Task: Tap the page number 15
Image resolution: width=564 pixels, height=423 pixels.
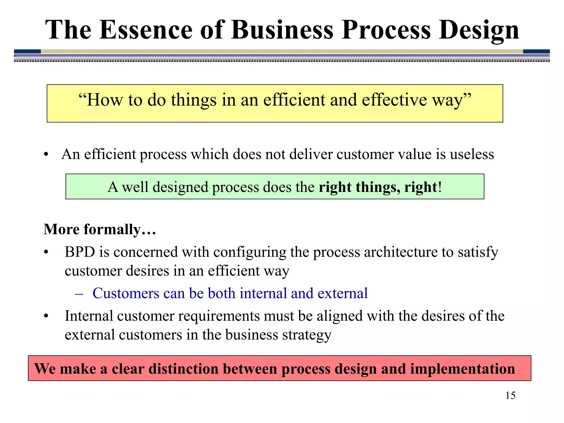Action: (x=510, y=395)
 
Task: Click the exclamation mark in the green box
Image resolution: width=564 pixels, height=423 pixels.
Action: (x=440, y=187)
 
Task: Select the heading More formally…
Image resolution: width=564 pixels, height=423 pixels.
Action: (x=100, y=229)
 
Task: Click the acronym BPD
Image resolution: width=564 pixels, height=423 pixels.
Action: (x=80, y=252)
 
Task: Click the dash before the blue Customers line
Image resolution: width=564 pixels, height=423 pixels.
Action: (x=79, y=294)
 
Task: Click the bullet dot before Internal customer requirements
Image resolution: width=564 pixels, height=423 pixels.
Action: (x=46, y=316)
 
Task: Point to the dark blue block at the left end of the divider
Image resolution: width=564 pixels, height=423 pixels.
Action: (x=27, y=51)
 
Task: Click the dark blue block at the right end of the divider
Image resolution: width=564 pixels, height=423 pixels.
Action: (x=536, y=51)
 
